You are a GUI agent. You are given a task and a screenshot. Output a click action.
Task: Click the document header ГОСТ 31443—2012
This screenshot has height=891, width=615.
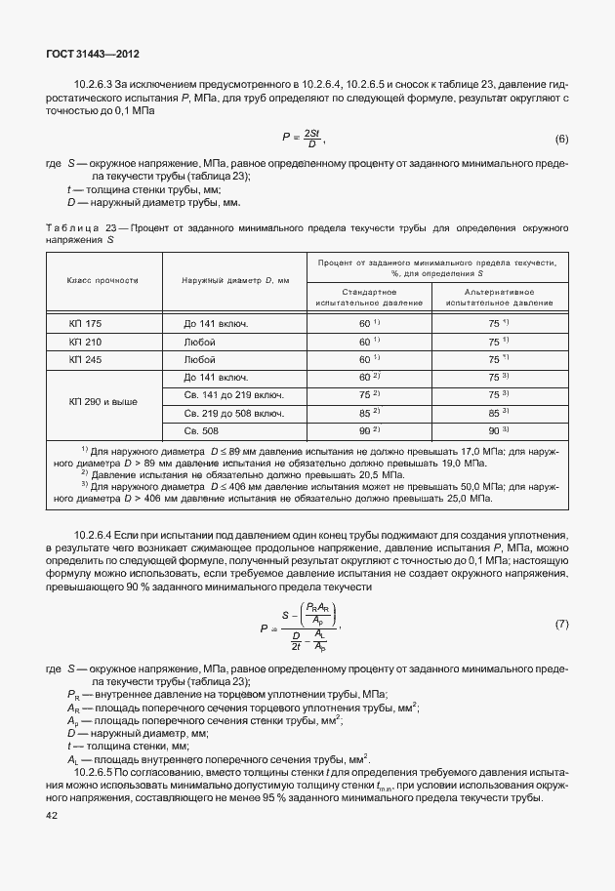coord(88,56)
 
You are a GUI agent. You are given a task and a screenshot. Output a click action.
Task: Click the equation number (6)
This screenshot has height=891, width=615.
coord(561,139)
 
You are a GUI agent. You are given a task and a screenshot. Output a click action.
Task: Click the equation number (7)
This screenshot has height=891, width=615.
coord(561,623)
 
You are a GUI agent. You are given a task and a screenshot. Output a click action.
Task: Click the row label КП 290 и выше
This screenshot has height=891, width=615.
coord(103,403)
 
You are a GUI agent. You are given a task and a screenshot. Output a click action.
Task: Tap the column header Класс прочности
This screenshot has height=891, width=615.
coord(103,281)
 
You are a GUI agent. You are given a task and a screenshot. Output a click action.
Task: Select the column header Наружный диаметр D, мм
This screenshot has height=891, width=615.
coord(235,281)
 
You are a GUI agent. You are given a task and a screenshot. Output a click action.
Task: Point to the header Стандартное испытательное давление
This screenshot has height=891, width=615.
coord(369,298)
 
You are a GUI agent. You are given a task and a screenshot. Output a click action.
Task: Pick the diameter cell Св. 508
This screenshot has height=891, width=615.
coord(203,430)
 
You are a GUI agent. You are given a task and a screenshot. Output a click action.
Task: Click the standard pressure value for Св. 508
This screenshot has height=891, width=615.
coord(369,430)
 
